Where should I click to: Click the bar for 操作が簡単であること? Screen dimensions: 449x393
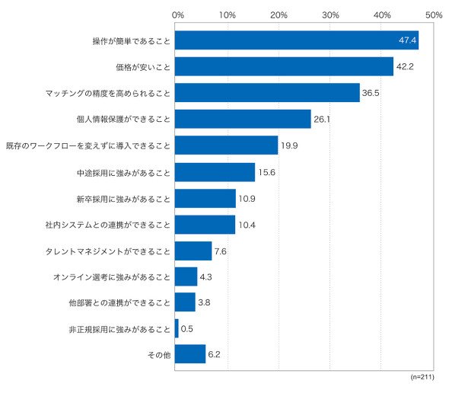[x=297, y=40]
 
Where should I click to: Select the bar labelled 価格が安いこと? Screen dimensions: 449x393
[x=284, y=66]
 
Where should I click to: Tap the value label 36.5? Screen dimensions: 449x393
[x=371, y=93]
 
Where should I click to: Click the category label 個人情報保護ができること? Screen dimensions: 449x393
[x=123, y=120]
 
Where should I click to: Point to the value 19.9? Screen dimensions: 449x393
[x=289, y=145]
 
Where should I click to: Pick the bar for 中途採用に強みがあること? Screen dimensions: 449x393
[x=215, y=172]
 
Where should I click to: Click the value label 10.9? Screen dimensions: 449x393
[x=247, y=199]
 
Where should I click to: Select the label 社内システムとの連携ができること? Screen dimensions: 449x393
[x=108, y=225]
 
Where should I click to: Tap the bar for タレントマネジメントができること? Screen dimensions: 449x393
[x=193, y=251]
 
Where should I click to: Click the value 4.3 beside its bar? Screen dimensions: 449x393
[x=205, y=277]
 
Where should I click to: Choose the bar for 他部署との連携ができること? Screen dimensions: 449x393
[x=185, y=302]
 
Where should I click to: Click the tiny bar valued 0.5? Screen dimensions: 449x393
[x=177, y=328]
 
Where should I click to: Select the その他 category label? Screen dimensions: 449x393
[x=159, y=355]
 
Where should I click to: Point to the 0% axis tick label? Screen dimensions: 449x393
[x=178, y=15]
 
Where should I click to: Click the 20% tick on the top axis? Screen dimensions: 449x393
[x=279, y=15]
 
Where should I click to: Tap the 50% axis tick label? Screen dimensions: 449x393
[x=434, y=15]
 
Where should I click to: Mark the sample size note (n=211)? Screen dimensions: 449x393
[x=422, y=377]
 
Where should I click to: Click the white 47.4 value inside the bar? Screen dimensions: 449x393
[x=407, y=40]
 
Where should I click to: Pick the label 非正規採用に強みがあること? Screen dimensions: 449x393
[x=119, y=330]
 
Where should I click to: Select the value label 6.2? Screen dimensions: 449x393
[x=214, y=355]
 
